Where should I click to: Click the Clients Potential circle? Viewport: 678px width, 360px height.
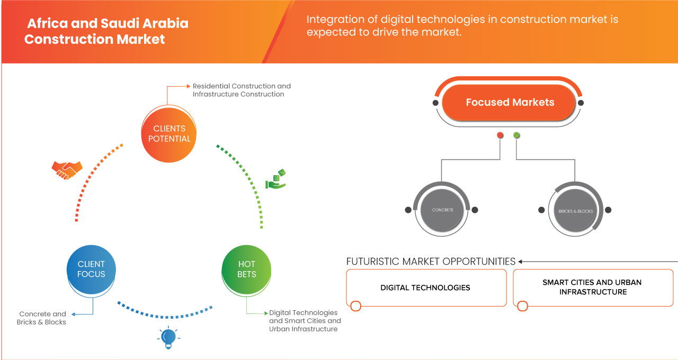[x=169, y=133]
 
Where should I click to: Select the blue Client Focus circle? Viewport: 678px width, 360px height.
[x=92, y=269]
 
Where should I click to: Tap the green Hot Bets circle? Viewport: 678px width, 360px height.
[x=247, y=269]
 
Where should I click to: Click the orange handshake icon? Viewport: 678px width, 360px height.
[x=67, y=169]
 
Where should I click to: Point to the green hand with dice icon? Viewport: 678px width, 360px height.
[x=275, y=179]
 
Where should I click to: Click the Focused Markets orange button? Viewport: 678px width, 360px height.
[x=510, y=103]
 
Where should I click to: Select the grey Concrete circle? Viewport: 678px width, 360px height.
[x=442, y=210]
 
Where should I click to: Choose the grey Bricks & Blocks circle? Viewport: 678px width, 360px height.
[x=576, y=211]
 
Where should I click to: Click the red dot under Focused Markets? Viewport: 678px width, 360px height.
[x=500, y=136]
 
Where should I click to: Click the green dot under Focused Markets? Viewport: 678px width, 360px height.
[x=516, y=136]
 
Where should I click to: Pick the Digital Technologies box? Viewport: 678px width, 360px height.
[x=425, y=287]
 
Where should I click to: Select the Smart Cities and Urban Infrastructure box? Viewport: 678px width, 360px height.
[x=592, y=287]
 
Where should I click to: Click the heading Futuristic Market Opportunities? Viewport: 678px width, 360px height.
[x=431, y=262]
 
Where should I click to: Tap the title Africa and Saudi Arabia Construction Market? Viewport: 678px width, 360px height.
[x=106, y=31]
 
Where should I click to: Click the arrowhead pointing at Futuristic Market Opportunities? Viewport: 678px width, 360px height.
[x=521, y=262]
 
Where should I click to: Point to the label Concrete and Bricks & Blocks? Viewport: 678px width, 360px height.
[x=42, y=318]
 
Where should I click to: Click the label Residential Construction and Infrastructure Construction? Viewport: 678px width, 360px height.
[x=242, y=90]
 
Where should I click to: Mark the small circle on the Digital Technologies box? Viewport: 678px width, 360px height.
[x=356, y=306]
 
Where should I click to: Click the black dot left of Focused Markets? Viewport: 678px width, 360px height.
[x=435, y=103]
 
